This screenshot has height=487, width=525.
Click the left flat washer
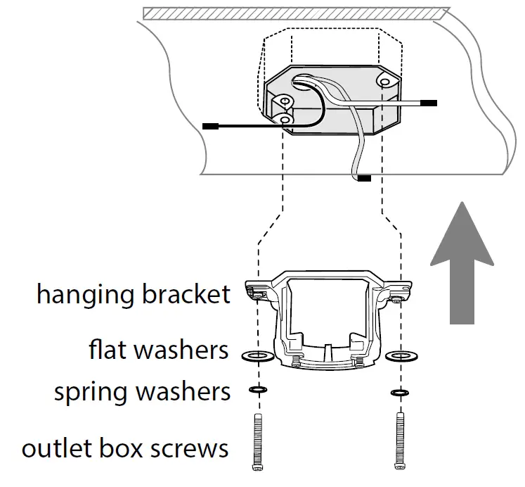coord(257,356)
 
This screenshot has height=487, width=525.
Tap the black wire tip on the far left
coord(209,126)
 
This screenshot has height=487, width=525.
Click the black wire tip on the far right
coord(429,103)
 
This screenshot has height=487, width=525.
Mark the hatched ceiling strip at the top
coord(295,13)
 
